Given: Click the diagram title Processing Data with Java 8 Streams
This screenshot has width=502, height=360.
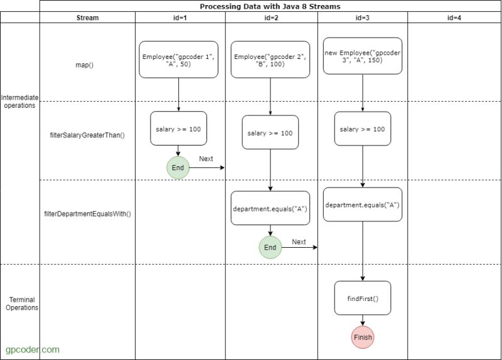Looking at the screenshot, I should click(270, 6).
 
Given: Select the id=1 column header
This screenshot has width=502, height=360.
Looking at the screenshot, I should click(180, 18).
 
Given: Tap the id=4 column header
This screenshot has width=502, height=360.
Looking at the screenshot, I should click(454, 18).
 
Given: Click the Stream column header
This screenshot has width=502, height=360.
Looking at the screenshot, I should click(87, 18).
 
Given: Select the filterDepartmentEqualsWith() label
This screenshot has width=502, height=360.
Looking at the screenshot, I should click(87, 214).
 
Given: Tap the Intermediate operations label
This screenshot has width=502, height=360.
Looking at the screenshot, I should click(19, 102).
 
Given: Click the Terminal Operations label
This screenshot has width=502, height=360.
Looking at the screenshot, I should click(21, 304).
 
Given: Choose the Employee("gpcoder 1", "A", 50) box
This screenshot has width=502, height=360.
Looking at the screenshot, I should click(179, 60).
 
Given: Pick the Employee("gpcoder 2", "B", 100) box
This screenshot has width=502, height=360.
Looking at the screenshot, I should click(270, 60).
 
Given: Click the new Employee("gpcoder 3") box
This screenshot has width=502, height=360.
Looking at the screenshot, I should click(363, 56).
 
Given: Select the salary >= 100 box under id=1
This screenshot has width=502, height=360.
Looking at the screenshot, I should click(179, 129).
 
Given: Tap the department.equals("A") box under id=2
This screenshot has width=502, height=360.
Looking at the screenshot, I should click(270, 208).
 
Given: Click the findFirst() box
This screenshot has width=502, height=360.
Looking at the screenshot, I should click(363, 299).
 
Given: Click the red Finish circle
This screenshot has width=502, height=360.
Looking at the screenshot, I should click(363, 337).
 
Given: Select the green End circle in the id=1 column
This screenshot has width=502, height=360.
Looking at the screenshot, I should click(178, 167).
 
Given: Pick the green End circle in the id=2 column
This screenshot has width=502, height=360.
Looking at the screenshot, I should click(270, 247).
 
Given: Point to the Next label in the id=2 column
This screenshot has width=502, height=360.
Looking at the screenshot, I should click(299, 241).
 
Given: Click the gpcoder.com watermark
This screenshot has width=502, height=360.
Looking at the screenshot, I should click(33, 349).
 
